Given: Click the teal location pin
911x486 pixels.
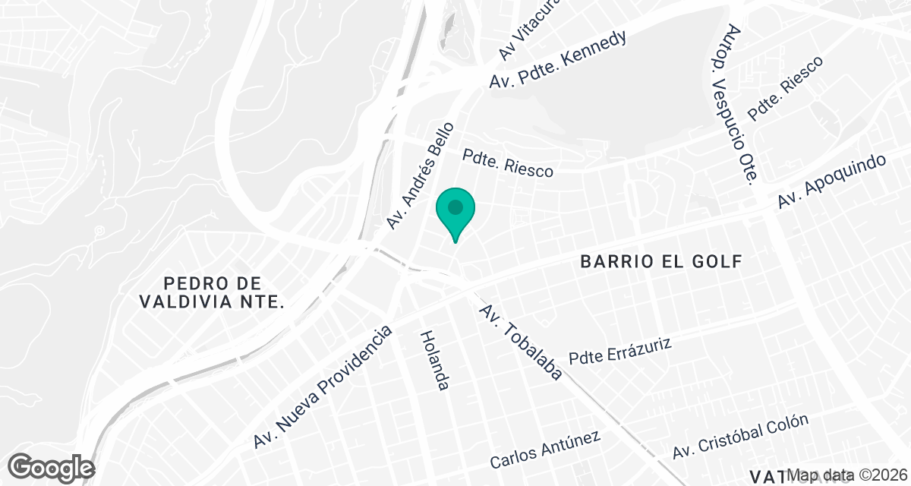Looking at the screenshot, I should pyautogui.click(x=455, y=210).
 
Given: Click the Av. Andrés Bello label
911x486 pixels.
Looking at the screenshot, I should pyautogui.click(x=419, y=175).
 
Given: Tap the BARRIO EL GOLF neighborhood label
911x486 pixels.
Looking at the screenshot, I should pyautogui.click(x=660, y=262).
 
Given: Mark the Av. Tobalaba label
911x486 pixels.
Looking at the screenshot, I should pyautogui.click(x=521, y=342).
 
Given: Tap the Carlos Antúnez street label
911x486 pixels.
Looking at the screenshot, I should pyautogui.click(x=545, y=450).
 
